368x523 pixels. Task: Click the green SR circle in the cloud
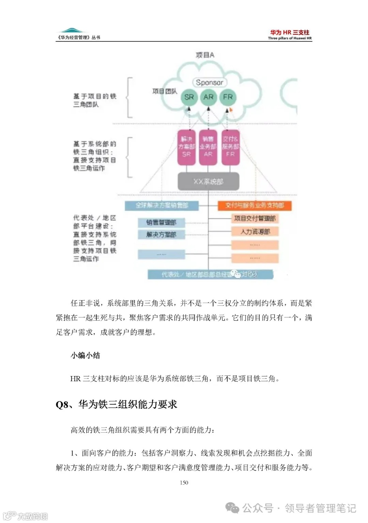click(189, 97)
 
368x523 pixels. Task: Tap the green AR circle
click(209, 97)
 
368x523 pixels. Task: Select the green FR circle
click(228, 97)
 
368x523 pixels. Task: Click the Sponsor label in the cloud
click(210, 82)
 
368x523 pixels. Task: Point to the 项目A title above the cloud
click(205, 55)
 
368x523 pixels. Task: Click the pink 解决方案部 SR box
click(187, 147)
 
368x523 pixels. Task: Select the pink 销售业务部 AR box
click(208, 147)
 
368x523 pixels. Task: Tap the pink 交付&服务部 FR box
click(230, 147)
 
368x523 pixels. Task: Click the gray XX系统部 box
click(208, 181)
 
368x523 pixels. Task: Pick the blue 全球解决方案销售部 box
click(162, 205)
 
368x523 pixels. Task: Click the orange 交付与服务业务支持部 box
click(255, 205)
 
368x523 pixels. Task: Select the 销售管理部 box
click(161, 222)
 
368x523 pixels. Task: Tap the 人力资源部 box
click(255, 232)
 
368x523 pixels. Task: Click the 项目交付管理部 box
click(255, 218)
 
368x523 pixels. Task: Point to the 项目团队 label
click(165, 91)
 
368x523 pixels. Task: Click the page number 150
click(184, 482)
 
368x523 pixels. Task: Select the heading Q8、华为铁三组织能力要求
click(117, 404)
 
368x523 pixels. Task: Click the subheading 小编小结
click(85, 355)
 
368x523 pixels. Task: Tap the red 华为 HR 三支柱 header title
click(290, 32)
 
